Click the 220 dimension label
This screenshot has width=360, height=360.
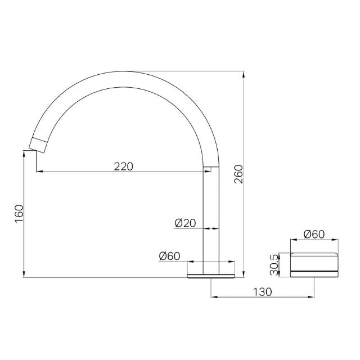124,166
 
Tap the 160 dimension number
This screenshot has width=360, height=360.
19,213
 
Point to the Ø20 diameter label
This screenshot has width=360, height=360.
185,223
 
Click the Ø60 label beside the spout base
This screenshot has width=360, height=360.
169,256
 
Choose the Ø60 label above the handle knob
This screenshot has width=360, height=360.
314,235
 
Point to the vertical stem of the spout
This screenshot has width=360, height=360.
211,219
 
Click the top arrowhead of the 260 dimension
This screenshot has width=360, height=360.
244,74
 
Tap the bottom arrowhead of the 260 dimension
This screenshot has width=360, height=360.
244,274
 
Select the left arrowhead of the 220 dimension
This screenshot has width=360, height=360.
39,172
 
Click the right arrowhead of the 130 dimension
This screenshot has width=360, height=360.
311,298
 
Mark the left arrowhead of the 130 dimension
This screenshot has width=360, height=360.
214,298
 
